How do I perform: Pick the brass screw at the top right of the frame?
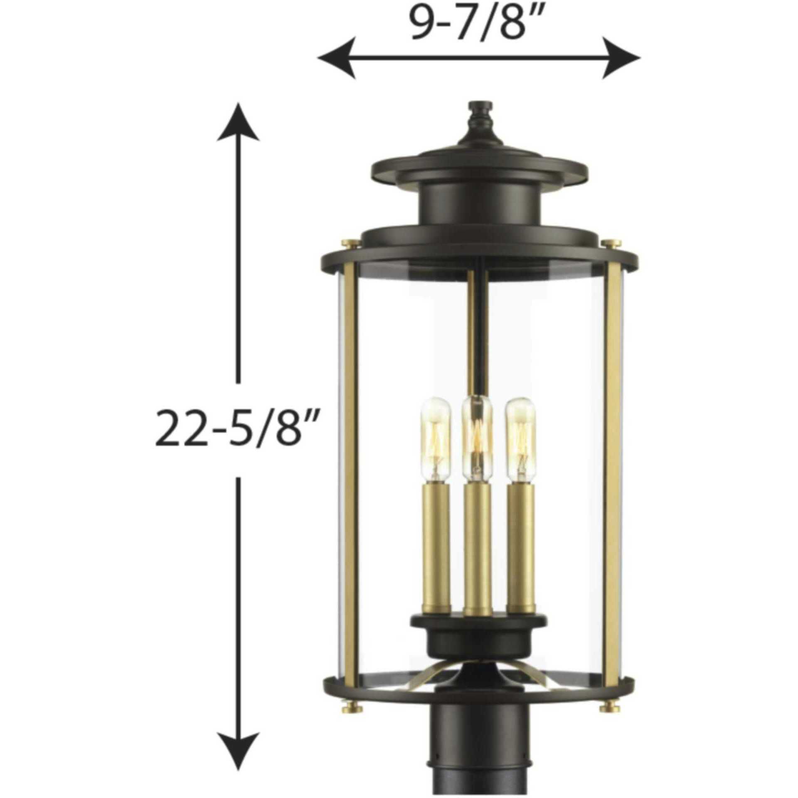(610, 244)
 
